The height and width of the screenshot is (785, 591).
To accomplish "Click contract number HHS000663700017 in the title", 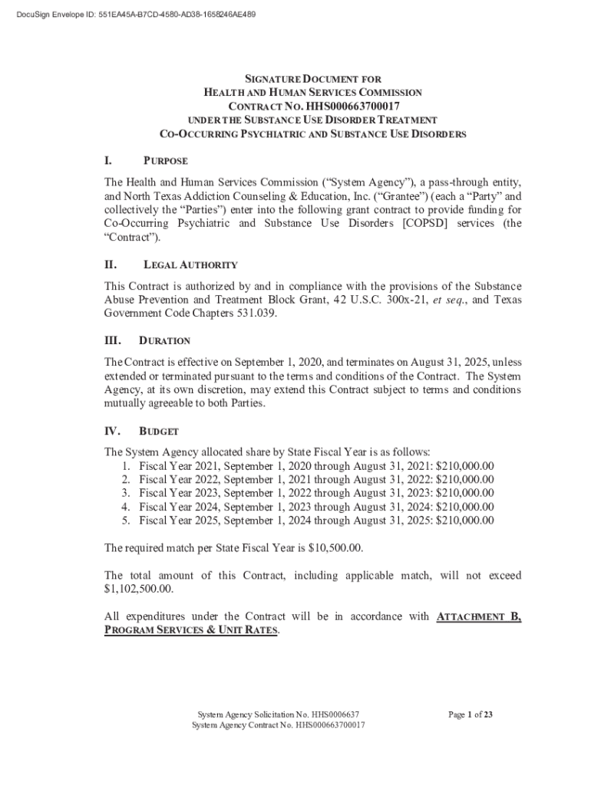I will pyautogui.click(x=352, y=106).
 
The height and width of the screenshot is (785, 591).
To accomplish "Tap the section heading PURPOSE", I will pyautogui.click(x=166, y=162).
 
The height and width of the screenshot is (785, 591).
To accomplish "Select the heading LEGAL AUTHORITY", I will pyautogui.click(x=190, y=265).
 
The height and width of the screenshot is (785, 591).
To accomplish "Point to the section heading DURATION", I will pyautogui.click(x=164, y=340).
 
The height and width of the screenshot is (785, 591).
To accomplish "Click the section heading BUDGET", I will pyautogui.click(x=159, y=432).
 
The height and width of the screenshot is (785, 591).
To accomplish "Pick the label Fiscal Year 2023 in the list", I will pyautogui.click(x=175, y=493).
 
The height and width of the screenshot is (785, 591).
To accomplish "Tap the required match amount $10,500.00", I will pyautogui.click(x=335, y=548).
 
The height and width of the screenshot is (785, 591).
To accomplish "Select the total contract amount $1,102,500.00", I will pyautogui.click(x=138, y=590).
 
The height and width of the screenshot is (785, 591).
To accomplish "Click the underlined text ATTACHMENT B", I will pyautogui.click(x=479, y=617).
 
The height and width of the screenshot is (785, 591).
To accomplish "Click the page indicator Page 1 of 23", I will pyautogui.click(x=470, y=715).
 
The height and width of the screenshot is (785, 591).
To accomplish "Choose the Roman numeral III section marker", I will pyautogui.click(x=113, y=340).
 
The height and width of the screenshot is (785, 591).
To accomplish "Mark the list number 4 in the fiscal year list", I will pyautogui.click(x=125, y=507).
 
